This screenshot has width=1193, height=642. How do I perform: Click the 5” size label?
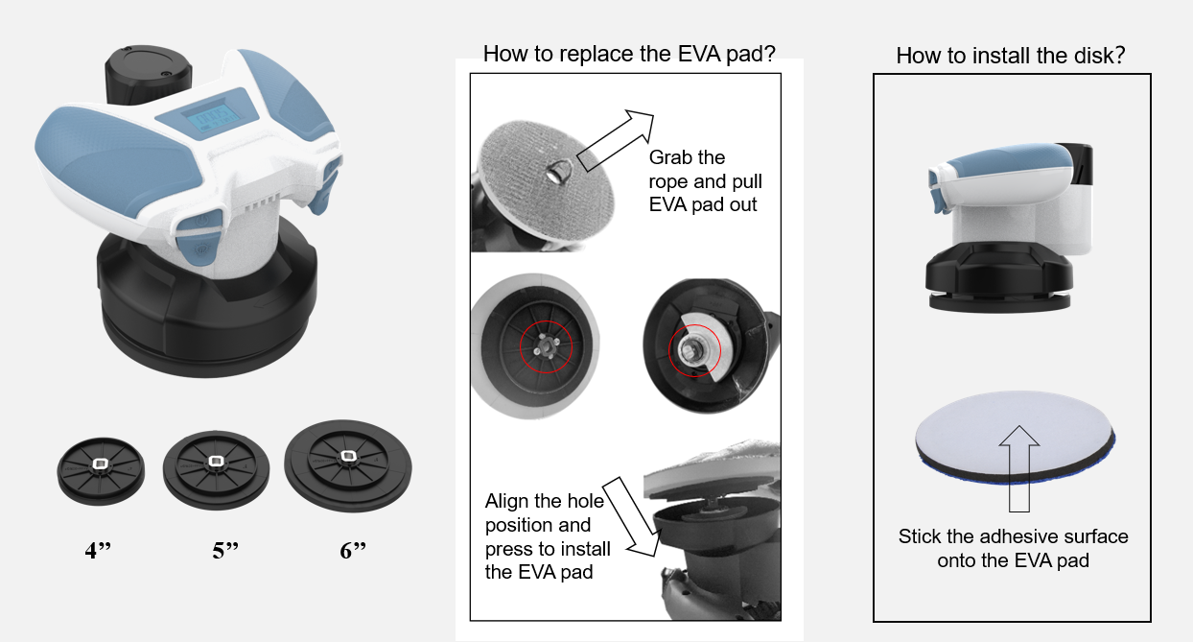(x=224, y=552)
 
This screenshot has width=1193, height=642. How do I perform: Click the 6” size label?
(x=353, y=552)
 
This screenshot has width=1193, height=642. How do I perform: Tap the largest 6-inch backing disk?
(x=348, y=461)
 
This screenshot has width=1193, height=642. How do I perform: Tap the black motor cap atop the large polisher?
(x=149, y=72)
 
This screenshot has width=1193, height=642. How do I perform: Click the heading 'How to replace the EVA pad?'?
(x=628, y=54)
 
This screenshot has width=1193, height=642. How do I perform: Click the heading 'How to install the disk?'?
(x=1010, y=56)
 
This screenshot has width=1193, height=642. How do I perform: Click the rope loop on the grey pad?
(x=556, y=173)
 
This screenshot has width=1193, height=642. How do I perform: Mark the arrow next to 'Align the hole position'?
(x=632, y=515)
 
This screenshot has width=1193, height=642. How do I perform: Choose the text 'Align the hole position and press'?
(x=548, y=537)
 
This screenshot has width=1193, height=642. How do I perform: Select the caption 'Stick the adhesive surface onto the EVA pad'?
(x=1013, y=548)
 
